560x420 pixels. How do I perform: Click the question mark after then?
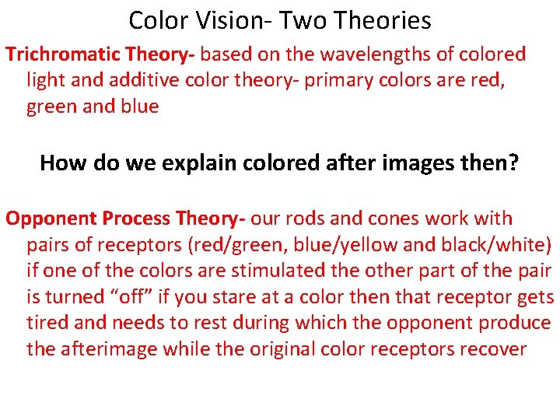point(514,163)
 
